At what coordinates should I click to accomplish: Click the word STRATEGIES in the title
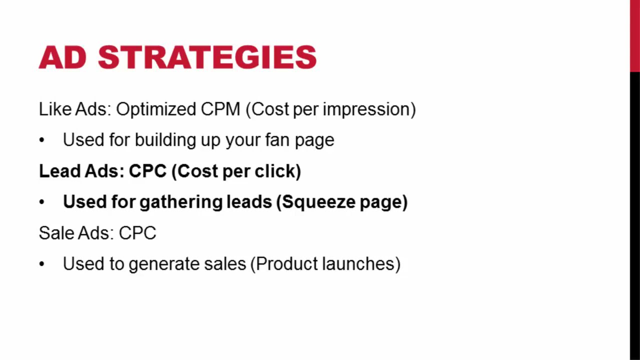(207, 57)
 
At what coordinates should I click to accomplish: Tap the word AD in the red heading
(63, 57)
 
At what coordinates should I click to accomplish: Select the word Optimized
(156, 109)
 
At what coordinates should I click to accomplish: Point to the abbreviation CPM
(220, 109)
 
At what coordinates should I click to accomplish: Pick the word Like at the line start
(55, 109)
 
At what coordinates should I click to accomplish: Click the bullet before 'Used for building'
(41, 140)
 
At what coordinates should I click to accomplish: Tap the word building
(165, 140)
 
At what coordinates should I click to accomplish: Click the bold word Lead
(59, 171)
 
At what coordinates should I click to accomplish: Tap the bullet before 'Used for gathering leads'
(41, 202)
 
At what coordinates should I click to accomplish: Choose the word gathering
(181, 202)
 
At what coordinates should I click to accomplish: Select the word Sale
(56, 232)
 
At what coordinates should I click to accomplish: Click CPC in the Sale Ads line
(137, 232)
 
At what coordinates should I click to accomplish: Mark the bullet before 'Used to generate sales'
(41, 264)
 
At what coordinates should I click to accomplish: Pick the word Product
(286, 263)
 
